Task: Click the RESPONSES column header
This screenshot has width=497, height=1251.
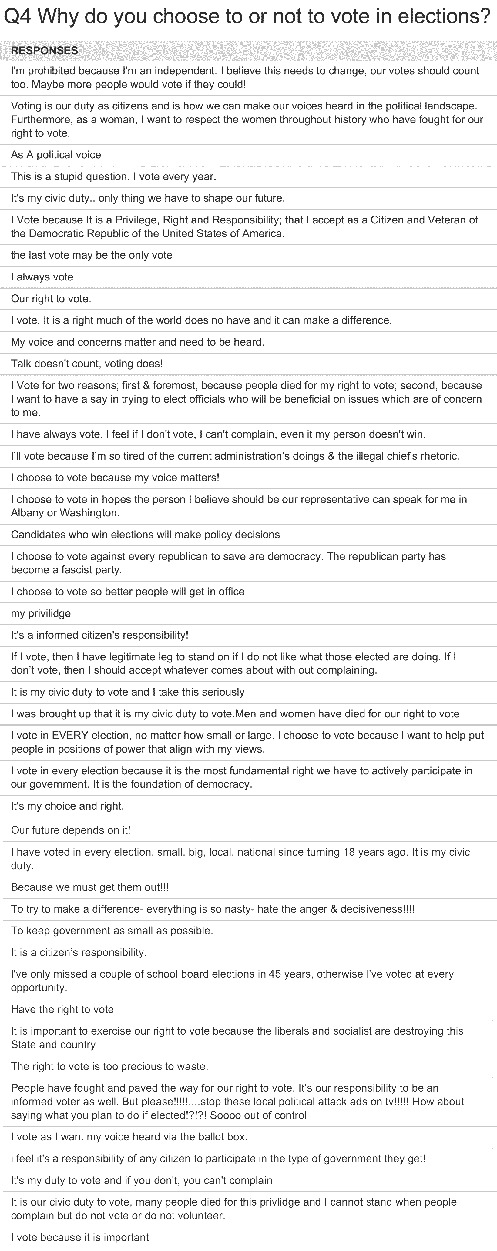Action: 44,51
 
